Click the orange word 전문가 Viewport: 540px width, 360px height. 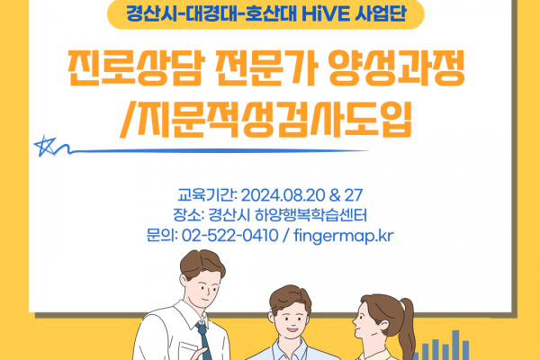pos(265,67)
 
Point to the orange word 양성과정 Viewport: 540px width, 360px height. pos(396,67)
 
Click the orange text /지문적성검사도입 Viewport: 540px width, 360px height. pos(265,119)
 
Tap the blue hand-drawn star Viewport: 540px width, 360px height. pos(45,146)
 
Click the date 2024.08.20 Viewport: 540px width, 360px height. pos(283,195)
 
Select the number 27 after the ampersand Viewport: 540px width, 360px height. pos(354,195)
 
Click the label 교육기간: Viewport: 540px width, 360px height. pos(207,195)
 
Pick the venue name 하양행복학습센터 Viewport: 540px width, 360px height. pos(310,215)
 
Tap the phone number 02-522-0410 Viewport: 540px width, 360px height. pos(229,236)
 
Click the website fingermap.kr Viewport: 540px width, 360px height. pos(344,237)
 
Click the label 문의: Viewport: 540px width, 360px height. pos(161,236)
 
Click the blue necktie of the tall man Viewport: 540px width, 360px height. pos(204,340)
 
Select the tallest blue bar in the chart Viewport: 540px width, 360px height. pos(455,345)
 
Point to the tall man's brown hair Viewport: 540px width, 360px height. pos(202,263)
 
